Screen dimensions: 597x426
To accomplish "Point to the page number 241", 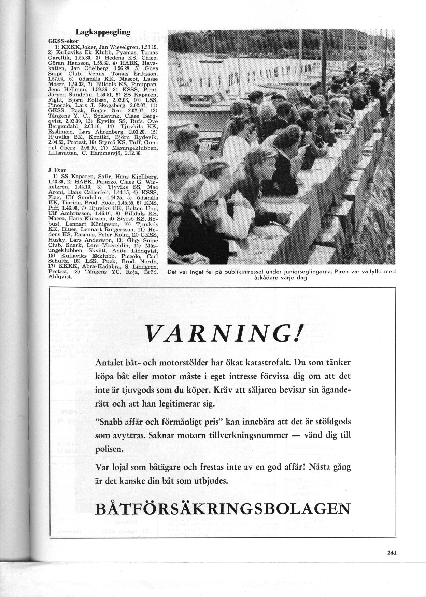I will coord(392,553).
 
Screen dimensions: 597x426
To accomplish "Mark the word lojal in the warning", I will coord(119,467).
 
